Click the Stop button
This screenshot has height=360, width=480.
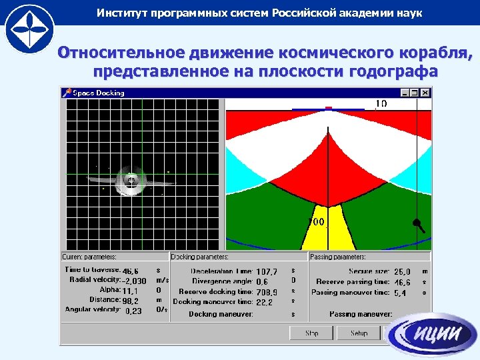[311, 333]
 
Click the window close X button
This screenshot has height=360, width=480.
[425, 93]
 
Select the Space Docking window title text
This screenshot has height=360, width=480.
[99, 93]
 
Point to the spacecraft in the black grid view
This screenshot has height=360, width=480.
[132, 180]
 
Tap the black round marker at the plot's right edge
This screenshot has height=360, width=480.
[416, 222]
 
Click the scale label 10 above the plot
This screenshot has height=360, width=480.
[381, 103]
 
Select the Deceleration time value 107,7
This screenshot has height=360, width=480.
[266, 272]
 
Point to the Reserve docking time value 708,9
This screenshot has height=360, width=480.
[267, 292]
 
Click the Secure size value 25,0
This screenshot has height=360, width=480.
[403, 272]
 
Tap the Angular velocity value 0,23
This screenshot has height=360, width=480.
[133, 311]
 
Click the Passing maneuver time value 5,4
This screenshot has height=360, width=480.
[400, 293]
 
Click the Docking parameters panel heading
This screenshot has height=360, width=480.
[200, 257]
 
